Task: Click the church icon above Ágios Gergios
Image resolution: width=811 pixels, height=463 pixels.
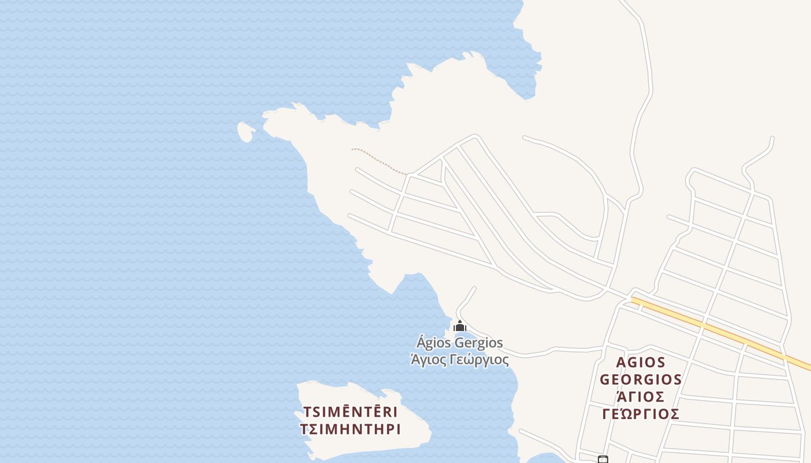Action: click(x=460, y=326)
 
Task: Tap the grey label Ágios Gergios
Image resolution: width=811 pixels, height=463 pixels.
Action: click(x=460, y=343)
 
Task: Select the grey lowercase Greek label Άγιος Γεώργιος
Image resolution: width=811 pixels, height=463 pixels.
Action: click(x=460, y=359)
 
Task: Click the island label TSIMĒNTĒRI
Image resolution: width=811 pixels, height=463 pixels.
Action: click(x=350, y=413)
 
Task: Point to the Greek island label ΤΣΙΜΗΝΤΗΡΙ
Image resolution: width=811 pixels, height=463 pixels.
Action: click(x=350, y=429)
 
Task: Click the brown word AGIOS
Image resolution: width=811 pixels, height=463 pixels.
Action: click(x=641, y=362)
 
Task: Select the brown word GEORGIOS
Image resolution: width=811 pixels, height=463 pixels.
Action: click(x=641, y=380)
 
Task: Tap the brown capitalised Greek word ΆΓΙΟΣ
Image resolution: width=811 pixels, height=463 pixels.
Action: click(x=641, y=397)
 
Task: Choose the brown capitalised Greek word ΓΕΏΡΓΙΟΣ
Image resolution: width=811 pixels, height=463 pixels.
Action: click(x=641, y=414)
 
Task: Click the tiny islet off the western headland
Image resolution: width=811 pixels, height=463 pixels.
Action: click(x=246, y=132)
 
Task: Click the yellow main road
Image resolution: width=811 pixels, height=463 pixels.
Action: click(x=724, y=333)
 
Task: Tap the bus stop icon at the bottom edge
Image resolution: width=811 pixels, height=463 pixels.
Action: click(x=603, y=460)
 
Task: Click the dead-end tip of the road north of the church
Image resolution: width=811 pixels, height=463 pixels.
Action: click(x=474, y=288)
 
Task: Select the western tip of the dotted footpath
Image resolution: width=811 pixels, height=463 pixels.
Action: click(x=352, y=149)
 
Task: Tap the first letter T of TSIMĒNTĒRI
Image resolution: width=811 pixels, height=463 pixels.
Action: click(x=307, y=413)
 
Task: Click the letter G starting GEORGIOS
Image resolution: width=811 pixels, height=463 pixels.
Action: click(x=605, y=380)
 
